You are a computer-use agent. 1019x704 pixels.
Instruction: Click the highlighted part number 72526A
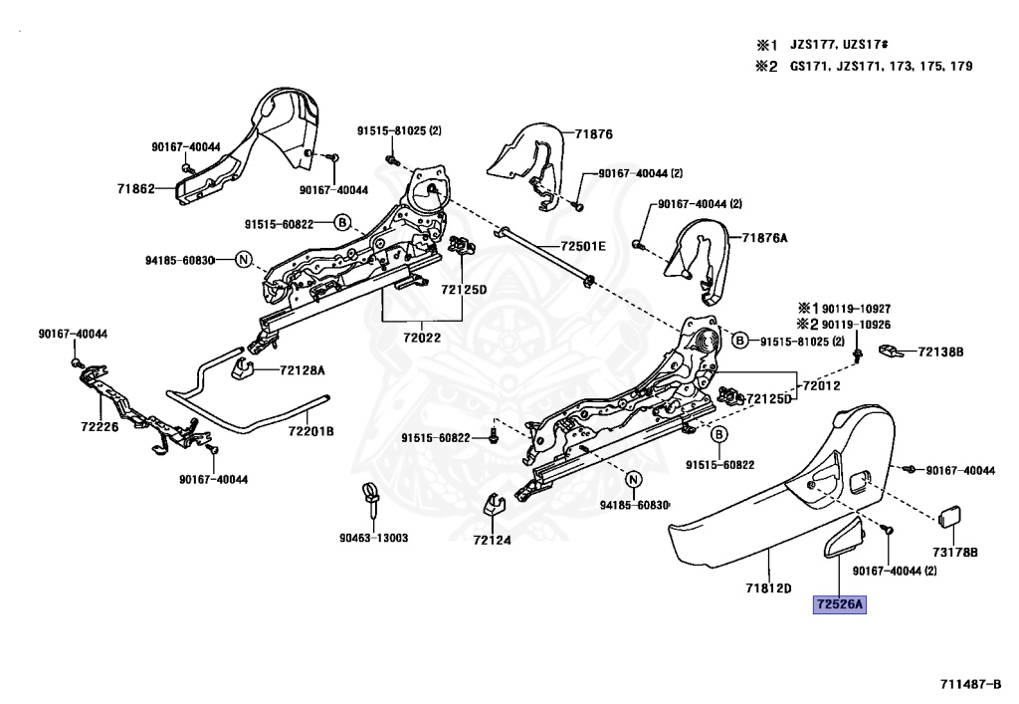(x=840, y=603)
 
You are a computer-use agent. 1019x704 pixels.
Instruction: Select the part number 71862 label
(x=136, y=188)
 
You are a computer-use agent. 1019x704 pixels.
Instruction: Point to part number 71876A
(x=764, y=238)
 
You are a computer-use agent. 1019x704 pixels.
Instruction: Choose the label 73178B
(x=954, y=550)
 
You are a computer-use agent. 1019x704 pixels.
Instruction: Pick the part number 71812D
(x=768, y=587)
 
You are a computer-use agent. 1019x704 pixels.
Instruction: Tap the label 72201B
(x=310, y=430)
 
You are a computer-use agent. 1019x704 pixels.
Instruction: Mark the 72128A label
(x=302, y=369)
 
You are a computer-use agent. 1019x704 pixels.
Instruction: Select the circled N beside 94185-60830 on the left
(x=242, y=260)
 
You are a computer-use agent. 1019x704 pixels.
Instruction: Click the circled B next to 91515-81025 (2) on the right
(x=739, y=341)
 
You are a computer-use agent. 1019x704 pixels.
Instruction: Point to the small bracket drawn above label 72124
(x=492, y=505)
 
